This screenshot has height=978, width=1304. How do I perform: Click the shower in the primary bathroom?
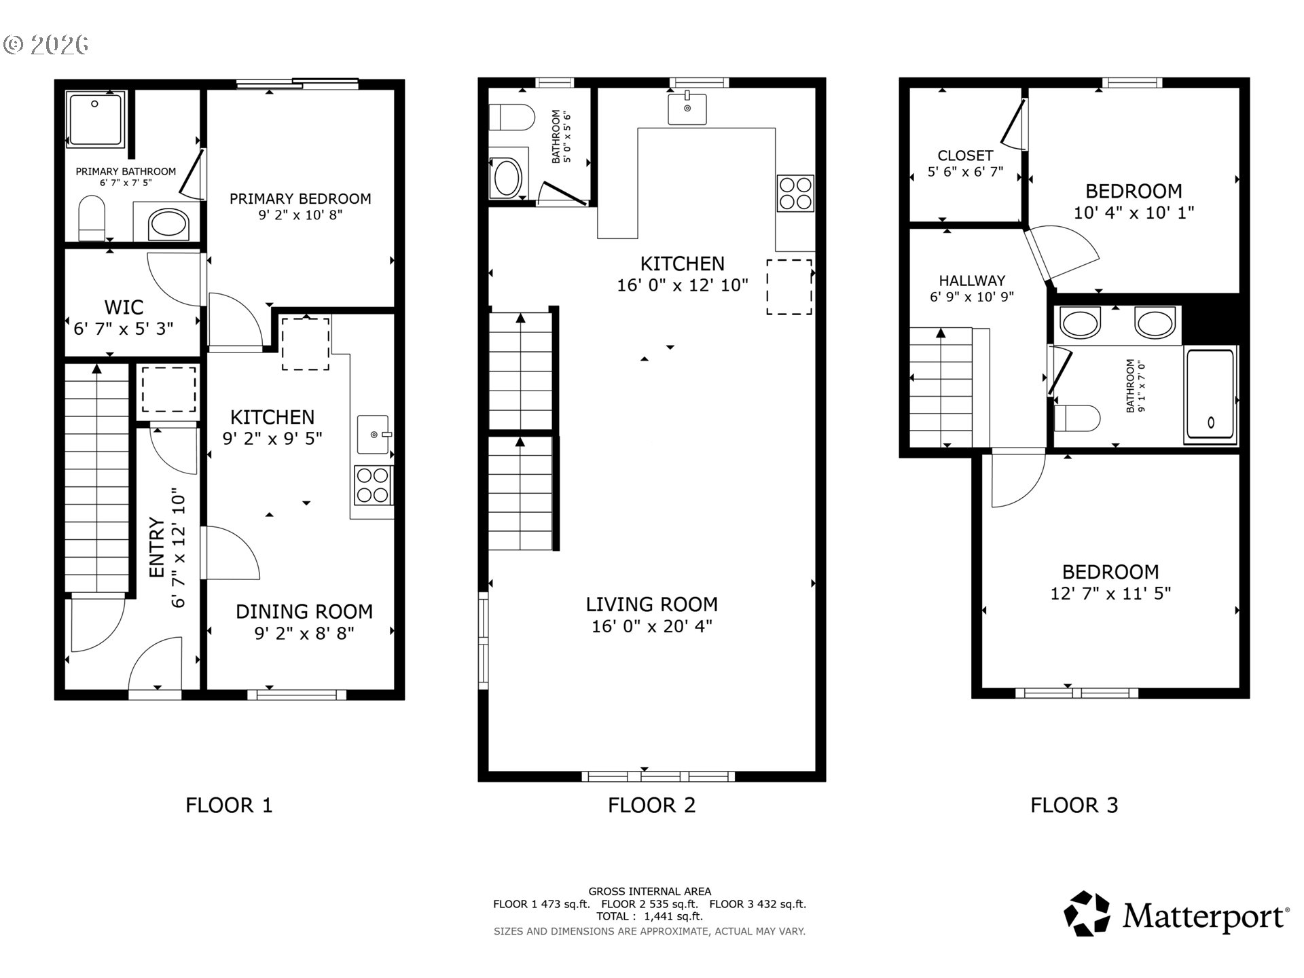[x=95, y=119]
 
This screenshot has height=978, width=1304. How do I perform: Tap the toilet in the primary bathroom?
[x=92, y=218]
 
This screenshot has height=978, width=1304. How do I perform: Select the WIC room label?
[x=124, y=307]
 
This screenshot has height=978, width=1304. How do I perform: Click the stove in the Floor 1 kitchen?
[x=373, y=485]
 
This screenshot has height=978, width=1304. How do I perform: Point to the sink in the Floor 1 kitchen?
[x=373, y=434]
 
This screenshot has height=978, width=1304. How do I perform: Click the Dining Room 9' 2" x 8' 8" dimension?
[x=304, y=634]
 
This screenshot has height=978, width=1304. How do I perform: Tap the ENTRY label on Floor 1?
[x=157, y=547]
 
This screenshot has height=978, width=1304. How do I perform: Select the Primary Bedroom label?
[x=300, y=198]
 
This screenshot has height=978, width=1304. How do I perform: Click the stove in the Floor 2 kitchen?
[x=795, y=194]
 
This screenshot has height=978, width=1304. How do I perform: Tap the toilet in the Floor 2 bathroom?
[x=512, y=117]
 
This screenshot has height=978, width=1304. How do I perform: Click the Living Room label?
[x=651, y=604]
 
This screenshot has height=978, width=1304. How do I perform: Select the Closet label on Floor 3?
[x=964, y=156]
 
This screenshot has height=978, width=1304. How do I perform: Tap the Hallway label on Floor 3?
[x=971, y=280]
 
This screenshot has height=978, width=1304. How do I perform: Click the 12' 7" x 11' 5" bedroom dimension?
[x=1110, y=594]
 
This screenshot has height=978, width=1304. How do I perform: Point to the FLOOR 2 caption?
[x=651, y=805]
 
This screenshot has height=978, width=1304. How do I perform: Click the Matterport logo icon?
[x=1086, y=914]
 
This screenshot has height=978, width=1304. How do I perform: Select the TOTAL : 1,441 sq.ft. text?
[x=649, y=916]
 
